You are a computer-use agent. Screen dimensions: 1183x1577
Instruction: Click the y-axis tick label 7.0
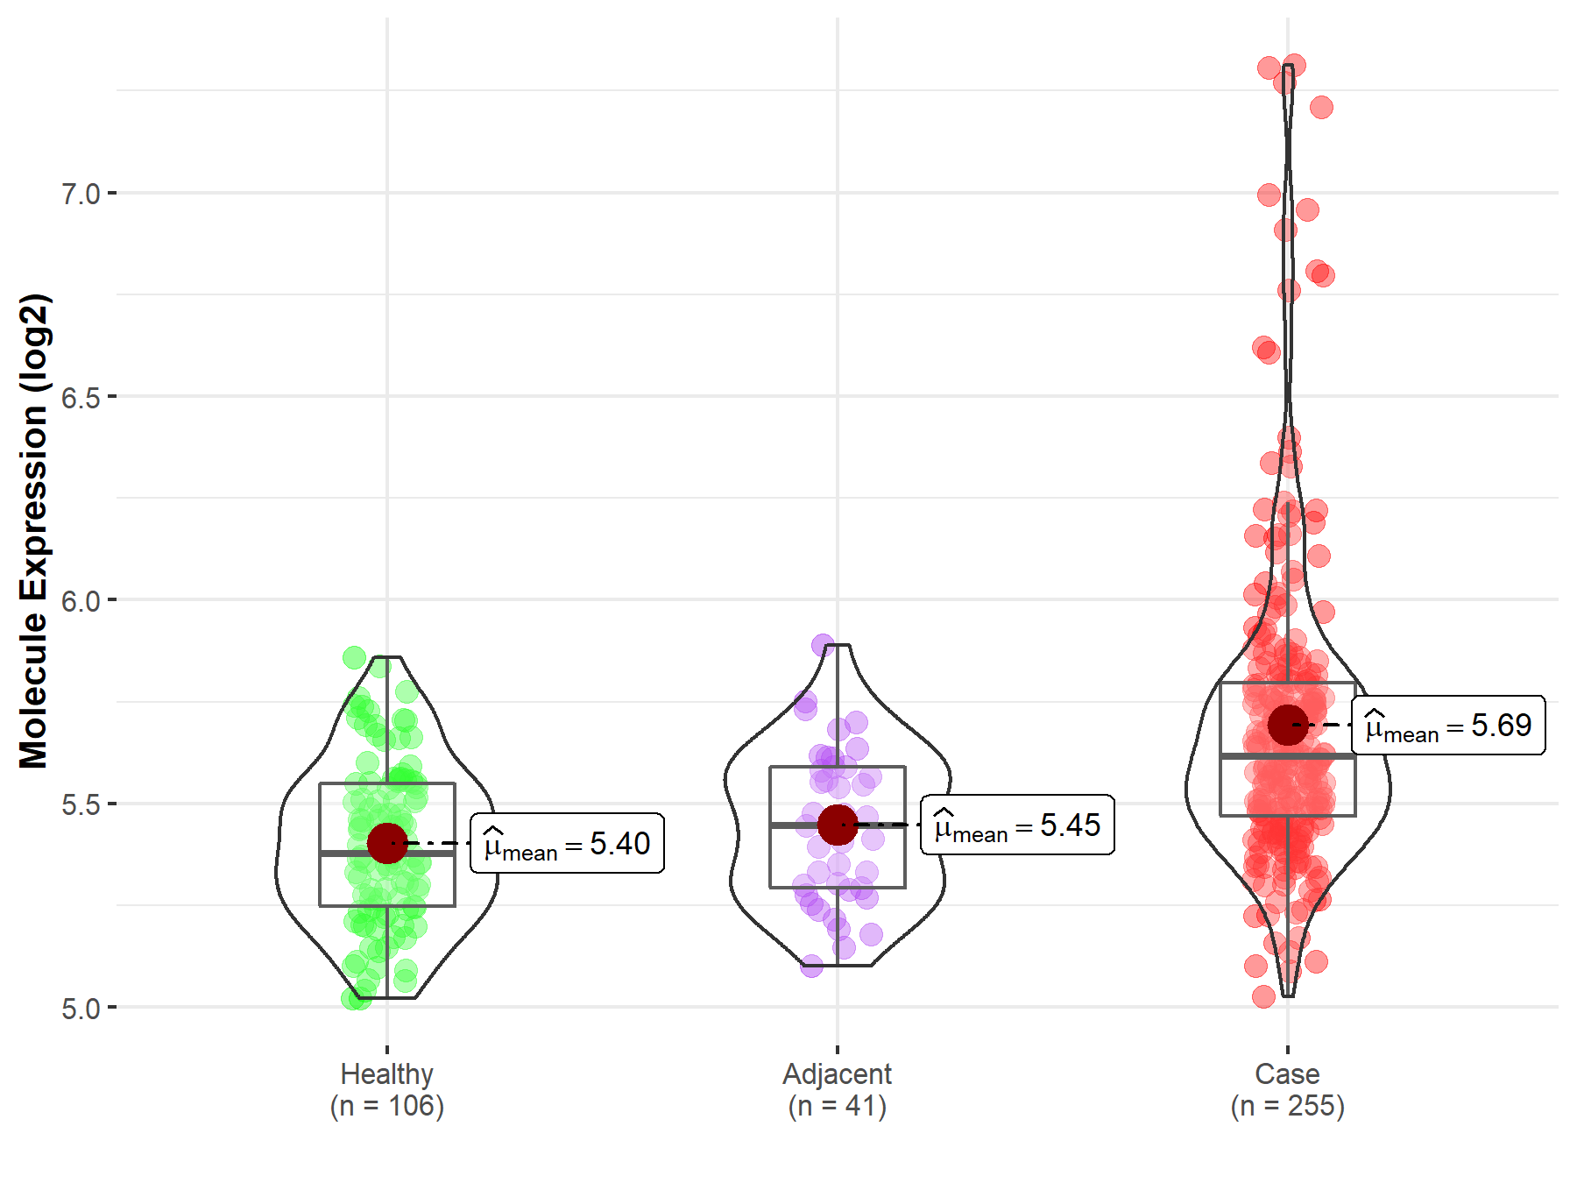click(x=81, y=194)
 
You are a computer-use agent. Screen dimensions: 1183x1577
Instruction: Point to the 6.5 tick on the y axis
click(x=81, y=397)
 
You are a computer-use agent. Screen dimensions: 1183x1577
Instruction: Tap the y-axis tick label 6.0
click(x=81, y=601)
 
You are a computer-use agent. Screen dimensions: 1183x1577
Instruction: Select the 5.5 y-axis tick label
click(x=81, y=804)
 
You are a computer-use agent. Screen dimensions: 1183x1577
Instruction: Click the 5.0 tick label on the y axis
click(x=81, y=1009)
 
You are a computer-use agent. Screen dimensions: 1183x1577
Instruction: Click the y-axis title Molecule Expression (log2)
click(x=33, y=531)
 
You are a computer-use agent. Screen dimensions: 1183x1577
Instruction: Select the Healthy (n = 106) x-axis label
click(x=387, y=1089)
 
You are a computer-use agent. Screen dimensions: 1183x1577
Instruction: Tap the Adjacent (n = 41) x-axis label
click(x=837, y=1089)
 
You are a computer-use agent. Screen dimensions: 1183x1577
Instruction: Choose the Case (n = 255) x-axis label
click(x=1287, y=1089)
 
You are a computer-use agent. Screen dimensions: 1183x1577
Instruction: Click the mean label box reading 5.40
click(x=567, y=844)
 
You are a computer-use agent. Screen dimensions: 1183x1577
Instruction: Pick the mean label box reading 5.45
click(x=1017, y=825)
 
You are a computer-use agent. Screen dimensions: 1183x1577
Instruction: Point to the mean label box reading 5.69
click(x=1448, y=726)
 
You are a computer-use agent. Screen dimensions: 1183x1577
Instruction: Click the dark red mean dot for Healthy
click(x=387, y=843)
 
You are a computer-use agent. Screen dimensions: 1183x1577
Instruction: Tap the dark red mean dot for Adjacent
click(x=838, y=825)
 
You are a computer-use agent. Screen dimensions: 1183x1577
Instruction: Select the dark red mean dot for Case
click(x=1288, y=725)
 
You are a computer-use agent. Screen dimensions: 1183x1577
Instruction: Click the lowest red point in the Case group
click(x=1263, y=996)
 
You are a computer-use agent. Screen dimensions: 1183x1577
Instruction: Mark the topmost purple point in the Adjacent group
click(x=823, y=646)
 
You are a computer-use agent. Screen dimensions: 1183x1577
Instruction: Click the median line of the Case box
click(x=1288, y=755)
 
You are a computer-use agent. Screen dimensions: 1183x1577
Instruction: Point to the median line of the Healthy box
click(x=387, y=853)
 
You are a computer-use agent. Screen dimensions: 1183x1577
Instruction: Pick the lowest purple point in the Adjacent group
click(x=812, y=966)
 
